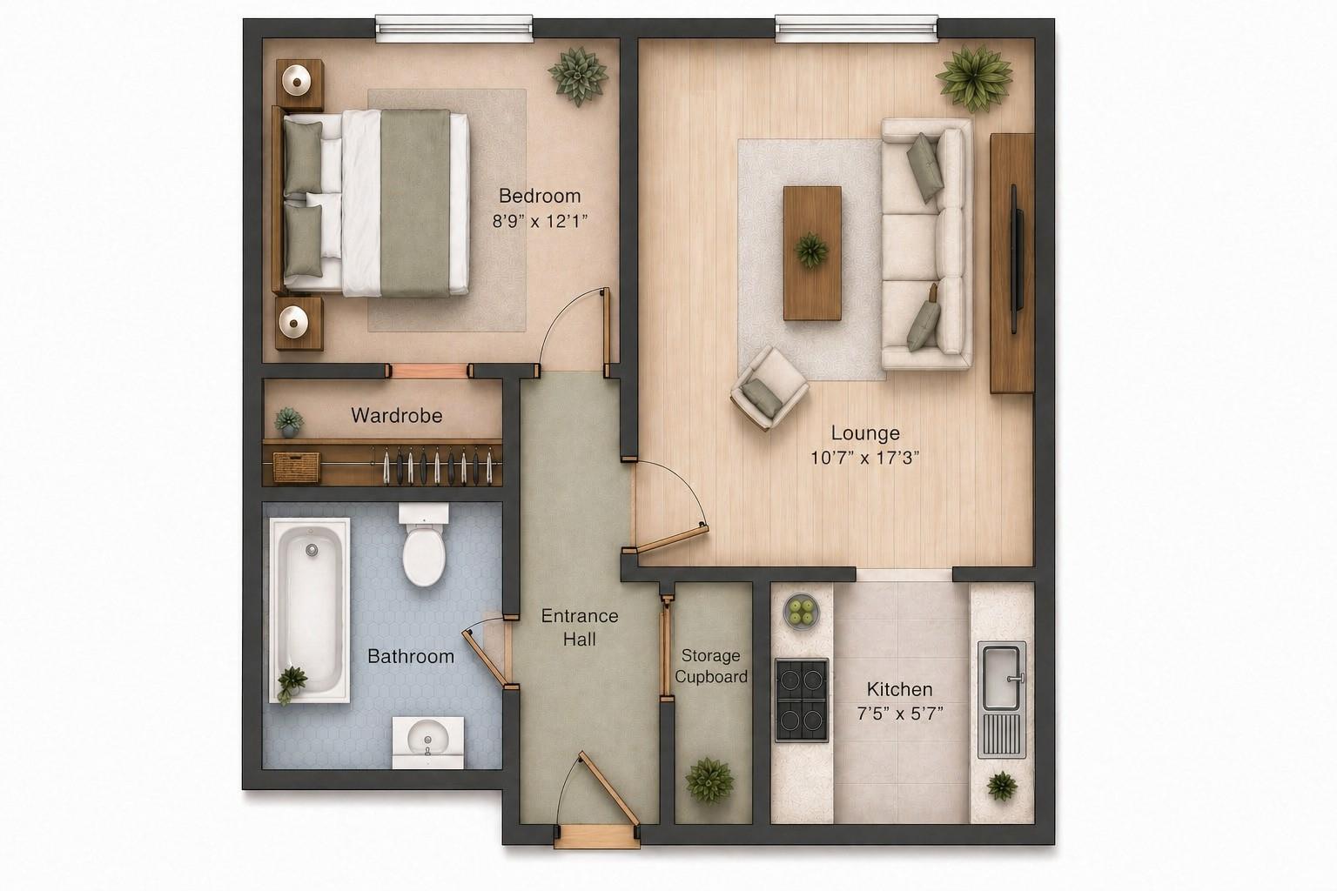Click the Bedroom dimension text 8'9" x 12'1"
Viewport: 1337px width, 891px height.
tap(540, 221)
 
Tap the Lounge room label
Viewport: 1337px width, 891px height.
tap(864, 432)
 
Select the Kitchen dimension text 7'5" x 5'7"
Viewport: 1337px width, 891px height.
tap(899, 713)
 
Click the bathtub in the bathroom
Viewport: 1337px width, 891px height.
tap(309, 609)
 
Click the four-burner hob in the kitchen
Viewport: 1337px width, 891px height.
tap(801, 700)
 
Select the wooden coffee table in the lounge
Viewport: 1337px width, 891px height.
tap(812, 252)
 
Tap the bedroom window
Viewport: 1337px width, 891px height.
tap(454, 28)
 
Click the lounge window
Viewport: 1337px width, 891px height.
tap(857, 28)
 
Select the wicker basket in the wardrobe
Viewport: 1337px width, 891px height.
tap(297, 466)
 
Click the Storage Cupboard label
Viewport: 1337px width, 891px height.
tap(710, 666)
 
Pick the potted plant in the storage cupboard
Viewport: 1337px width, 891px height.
tap(709, 779)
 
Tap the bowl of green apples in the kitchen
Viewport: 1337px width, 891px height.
tap(802, 610)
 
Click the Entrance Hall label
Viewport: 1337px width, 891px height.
tap(579, 627)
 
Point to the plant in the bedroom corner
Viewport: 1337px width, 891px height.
tap(577, 75)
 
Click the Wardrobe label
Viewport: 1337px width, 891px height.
tap(396, 415)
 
